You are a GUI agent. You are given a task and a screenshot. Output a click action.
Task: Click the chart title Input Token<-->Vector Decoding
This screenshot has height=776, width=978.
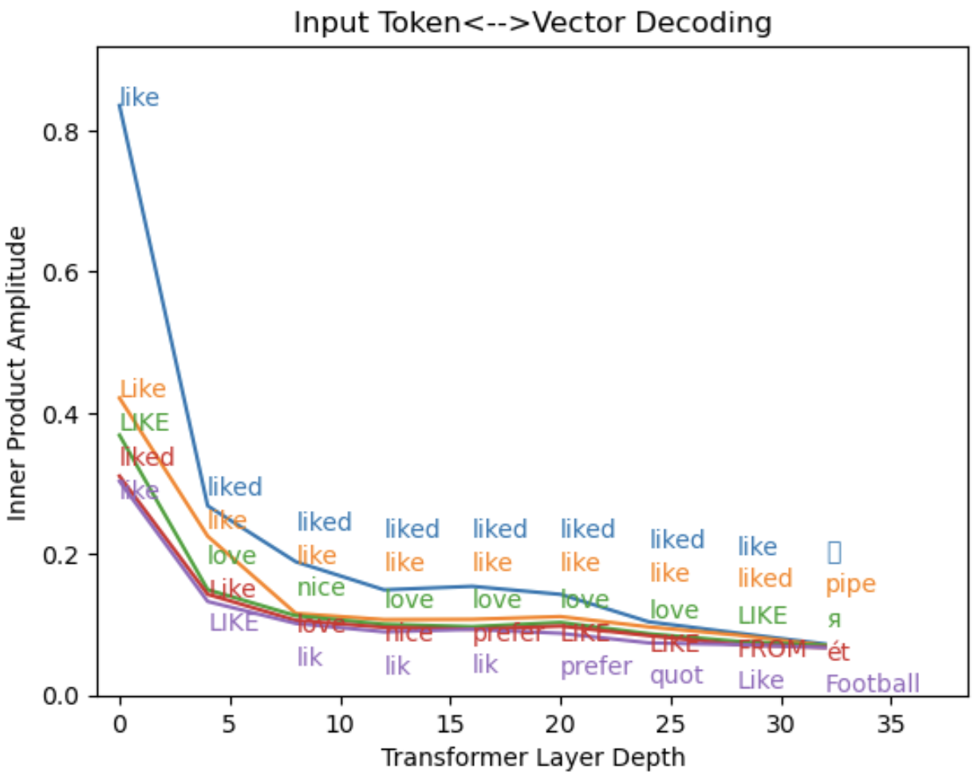[532, 22]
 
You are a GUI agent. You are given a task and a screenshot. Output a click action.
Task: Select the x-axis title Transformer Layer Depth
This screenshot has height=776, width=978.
[532, 755]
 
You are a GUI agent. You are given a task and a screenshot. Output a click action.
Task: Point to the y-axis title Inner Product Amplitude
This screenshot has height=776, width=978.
[17, 373]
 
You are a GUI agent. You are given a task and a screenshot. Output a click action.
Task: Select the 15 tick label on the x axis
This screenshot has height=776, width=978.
[452, 723]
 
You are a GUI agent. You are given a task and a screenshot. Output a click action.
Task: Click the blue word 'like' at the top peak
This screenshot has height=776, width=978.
[140, 98]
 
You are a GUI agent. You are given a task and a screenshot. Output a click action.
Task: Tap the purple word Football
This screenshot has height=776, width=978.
[872, 684]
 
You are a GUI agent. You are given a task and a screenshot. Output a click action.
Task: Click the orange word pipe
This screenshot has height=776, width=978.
[850, 585]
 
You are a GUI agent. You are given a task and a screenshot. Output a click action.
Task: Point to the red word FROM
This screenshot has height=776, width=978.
[772, 650]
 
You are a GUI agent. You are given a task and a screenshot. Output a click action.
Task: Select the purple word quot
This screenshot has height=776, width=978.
[676, 675]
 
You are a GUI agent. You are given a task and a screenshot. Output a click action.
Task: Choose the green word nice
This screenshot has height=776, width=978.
[321, 588]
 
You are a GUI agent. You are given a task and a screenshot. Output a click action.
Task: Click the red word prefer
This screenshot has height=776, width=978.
[507, 635]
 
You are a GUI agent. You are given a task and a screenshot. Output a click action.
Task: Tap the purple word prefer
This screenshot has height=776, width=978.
[596, 666]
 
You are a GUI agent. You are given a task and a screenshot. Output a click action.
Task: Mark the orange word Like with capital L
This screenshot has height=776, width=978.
[143, 390]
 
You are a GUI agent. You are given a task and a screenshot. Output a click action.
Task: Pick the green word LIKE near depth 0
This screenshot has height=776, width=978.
[144, 422]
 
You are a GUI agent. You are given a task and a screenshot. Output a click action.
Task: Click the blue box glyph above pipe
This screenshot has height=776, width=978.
[834, 552]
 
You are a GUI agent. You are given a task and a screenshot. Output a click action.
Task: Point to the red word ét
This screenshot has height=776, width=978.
[838, 653]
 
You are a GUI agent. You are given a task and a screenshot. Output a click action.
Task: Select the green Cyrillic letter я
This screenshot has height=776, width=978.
[834, 620]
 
